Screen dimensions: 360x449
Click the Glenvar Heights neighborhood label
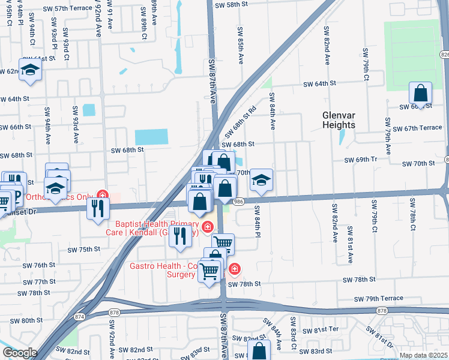346,120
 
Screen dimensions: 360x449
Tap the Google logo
19,353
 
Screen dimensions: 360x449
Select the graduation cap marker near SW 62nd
29,71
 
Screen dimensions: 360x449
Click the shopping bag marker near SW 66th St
420,93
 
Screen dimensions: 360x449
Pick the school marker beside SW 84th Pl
261,180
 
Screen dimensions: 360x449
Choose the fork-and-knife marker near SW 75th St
179,236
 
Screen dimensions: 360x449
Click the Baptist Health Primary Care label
157,227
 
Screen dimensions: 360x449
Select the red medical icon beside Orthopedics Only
103,195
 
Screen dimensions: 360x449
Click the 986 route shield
238,202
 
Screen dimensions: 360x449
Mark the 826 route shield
444,55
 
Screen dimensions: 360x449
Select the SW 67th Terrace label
423,128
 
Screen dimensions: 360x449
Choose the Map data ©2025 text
423,355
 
